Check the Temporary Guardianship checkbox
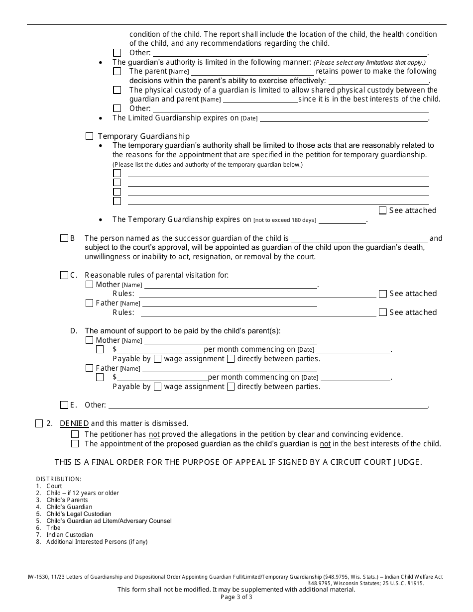pos(90,136)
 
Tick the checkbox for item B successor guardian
pos(64,238)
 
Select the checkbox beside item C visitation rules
pos(64,275)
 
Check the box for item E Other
pos(64,405)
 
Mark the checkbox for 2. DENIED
pos(39,424)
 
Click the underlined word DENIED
pos(74,424)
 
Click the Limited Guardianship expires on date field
pos(344,118)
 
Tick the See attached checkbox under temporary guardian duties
pos(382,210)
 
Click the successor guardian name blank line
pos(359,238)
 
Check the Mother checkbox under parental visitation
pos(90,285)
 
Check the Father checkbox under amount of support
pos(90,368)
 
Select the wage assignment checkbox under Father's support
pos(157,387)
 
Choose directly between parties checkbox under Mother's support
pos(231,359)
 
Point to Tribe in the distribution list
pos(53,528)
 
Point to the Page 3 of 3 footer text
pos(236,597)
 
